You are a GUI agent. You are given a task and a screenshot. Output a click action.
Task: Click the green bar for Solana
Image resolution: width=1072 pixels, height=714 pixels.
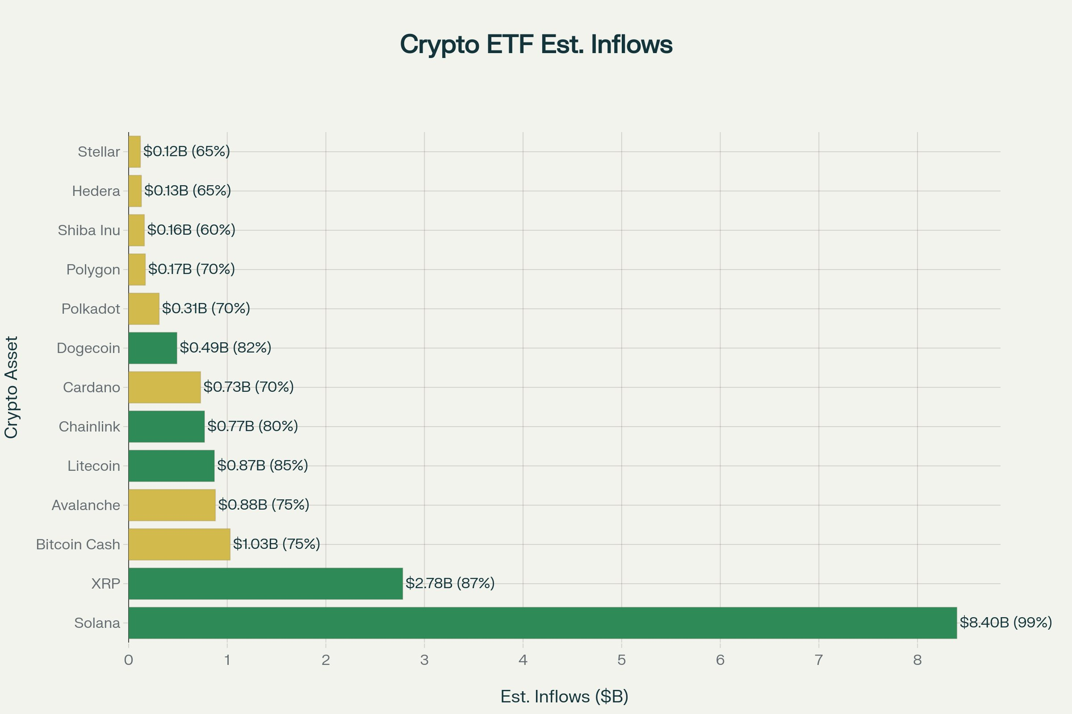(542, 623)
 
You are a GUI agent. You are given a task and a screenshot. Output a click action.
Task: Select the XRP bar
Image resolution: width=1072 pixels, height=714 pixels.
(265, 583)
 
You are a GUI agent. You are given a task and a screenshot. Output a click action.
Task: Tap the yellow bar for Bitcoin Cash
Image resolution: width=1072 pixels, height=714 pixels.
(179, 544)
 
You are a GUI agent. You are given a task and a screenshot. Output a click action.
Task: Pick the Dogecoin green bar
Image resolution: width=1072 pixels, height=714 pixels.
(153, 348)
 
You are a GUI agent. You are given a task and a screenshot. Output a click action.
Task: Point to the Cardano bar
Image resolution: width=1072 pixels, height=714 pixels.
(164, 387)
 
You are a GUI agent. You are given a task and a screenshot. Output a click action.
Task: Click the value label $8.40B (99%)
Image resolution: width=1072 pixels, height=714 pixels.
(1005, 622)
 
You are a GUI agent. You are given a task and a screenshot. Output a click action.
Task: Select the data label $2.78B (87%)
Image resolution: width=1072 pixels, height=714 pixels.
(450, 583)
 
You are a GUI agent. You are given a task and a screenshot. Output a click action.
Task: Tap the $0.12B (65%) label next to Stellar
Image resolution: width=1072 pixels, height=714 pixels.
(186, 151)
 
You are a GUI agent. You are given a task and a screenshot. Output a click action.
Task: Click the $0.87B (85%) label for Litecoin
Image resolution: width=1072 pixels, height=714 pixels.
(263, 465)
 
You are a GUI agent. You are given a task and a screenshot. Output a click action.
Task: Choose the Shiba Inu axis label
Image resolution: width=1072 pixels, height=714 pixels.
(89, 230)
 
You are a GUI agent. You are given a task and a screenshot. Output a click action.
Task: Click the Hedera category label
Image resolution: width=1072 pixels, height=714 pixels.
(96, 191)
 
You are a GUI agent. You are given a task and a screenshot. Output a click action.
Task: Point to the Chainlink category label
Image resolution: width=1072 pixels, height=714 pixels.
(89, 427)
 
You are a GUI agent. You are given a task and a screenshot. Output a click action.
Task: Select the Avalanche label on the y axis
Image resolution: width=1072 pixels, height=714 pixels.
(86, 506)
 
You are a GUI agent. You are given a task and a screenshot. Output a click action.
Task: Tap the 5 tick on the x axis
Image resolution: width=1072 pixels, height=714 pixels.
(621, 660)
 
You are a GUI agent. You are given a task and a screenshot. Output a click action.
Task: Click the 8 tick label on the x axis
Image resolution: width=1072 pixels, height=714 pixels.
(917, 660)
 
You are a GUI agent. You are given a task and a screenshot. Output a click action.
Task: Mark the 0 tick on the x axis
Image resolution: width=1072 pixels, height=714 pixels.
(129, 660)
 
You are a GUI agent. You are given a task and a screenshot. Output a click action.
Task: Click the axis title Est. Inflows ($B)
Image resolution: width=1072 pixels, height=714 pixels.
(564, 697)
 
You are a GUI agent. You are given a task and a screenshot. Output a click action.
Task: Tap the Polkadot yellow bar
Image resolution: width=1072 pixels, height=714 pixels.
(144, 309)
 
